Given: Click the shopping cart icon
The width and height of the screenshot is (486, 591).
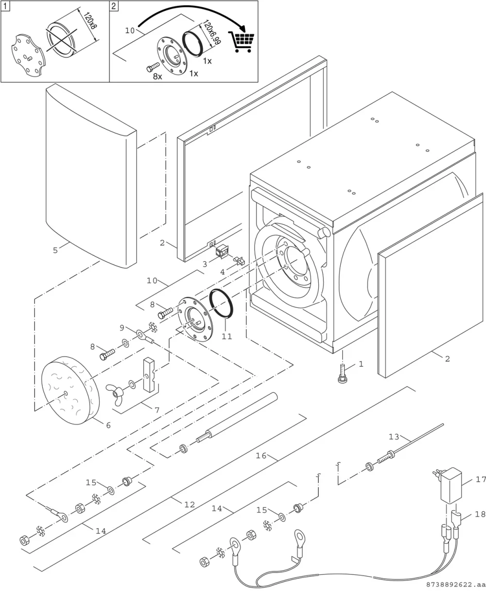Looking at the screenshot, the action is coord(242,42).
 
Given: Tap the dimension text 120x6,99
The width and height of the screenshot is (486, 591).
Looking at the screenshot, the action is coord(212,32).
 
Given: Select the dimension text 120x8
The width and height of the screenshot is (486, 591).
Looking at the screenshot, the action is coord(90,20).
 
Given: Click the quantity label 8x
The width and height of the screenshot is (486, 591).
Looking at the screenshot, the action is coord(157,76).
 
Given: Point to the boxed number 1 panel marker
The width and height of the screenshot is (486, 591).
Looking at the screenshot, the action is coord(5,6).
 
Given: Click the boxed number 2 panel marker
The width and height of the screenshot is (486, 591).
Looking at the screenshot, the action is coord(114,6).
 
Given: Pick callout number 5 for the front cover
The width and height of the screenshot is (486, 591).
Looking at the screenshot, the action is coord(55,250).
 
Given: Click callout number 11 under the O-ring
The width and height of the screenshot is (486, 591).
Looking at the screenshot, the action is coord(227,336).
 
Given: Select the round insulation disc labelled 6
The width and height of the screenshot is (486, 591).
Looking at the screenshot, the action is coord(70,391).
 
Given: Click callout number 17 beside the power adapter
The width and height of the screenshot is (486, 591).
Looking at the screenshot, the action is coord(481,480).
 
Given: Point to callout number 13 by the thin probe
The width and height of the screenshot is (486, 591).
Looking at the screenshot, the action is coord(394,437).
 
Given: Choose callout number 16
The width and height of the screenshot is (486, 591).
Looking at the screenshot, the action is coord(261,456).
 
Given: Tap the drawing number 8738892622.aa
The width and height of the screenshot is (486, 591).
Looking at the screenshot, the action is coord(456,585).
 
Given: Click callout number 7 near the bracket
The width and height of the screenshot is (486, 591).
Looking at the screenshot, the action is coord(157,410).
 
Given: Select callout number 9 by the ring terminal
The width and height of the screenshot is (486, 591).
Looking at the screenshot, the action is coord(122,328).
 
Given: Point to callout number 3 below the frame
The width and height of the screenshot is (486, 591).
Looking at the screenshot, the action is coord(205,264).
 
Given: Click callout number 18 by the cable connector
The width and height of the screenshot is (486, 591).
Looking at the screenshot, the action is coord(480,514).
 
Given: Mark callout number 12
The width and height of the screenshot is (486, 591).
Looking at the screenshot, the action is coord(190,505).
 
